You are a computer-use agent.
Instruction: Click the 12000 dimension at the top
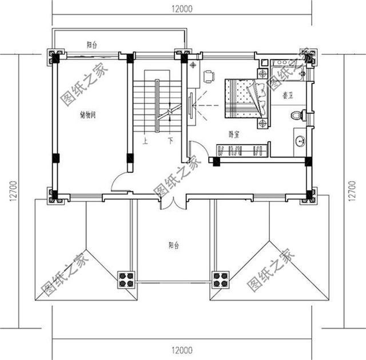tap(182, 8)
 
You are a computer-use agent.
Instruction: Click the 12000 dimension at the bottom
tap(182, 349)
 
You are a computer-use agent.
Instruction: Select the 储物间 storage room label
tap(87, 115)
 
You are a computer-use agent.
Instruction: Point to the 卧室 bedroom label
tap(234, 134)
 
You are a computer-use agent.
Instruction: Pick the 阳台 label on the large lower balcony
tap(174, 245)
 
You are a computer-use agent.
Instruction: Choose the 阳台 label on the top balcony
tap(92, 45)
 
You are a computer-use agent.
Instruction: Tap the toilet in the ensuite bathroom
tap(297, 116)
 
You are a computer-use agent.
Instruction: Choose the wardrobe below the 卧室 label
tap(242, 151)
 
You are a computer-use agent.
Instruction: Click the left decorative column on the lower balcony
tap(126, 279)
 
